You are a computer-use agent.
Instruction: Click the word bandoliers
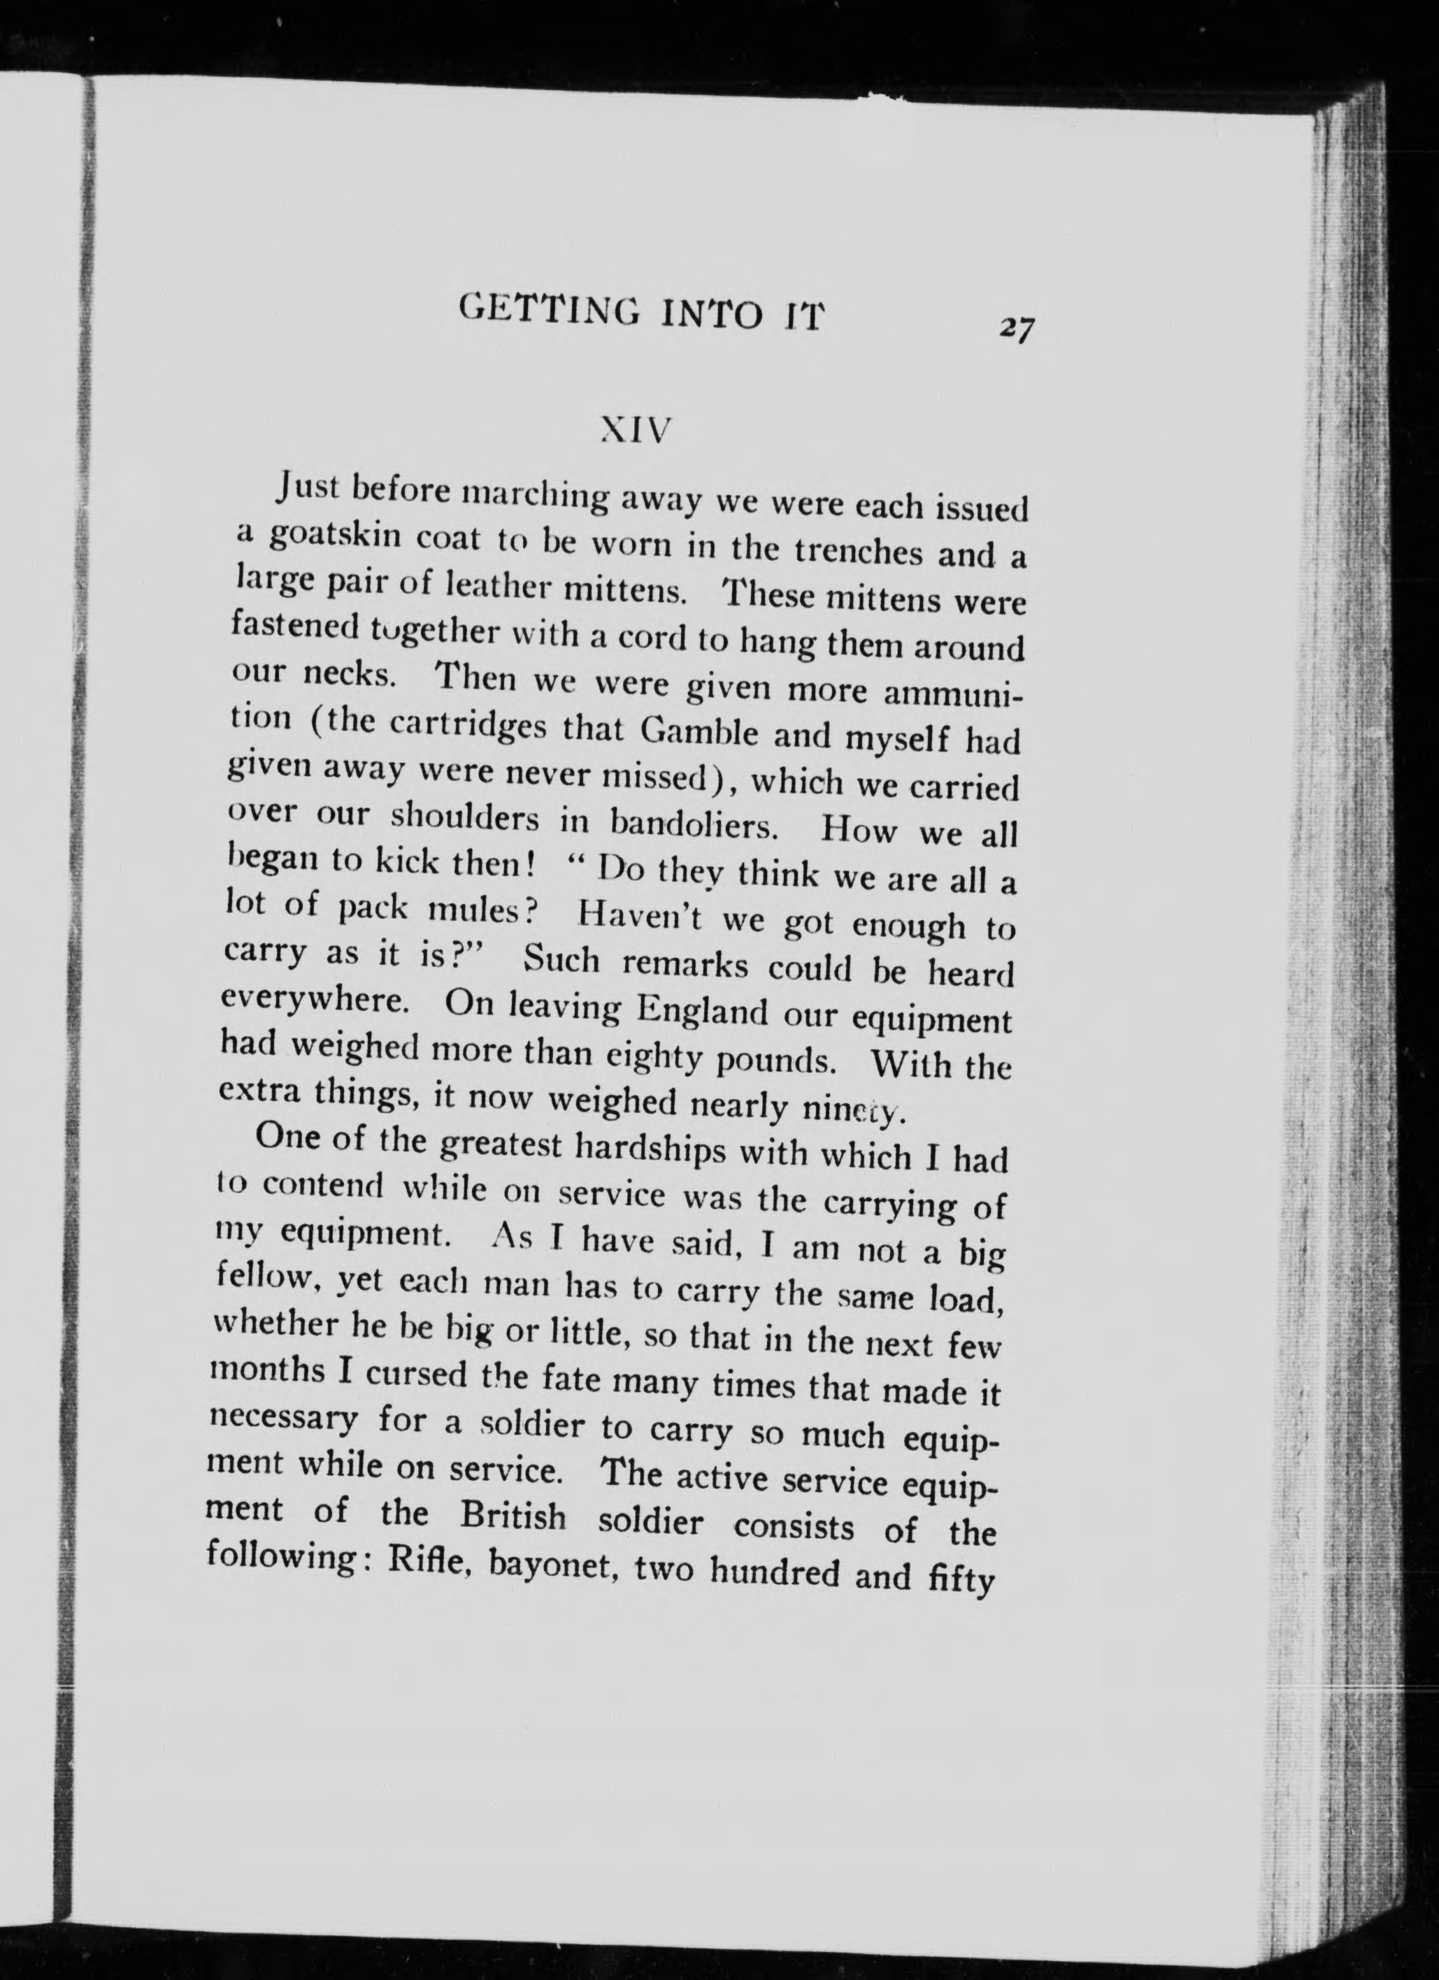(x=694, y=824)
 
